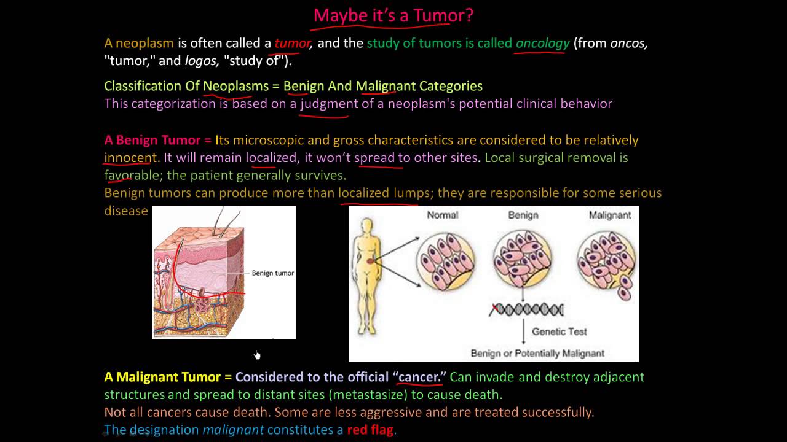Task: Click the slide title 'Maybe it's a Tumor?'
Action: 393,16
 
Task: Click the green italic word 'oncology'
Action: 542,44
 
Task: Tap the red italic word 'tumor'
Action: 292,44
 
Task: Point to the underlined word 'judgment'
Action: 329,104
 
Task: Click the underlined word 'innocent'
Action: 130,158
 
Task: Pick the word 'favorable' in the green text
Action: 132,175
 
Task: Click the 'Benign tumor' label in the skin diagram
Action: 272,273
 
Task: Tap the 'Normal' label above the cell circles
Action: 442,215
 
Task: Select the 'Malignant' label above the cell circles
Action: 610,215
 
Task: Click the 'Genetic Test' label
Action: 560,331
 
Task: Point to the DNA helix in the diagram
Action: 526,310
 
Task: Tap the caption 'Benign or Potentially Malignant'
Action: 537,353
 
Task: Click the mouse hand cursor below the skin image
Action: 257,355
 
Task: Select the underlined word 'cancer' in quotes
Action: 418,377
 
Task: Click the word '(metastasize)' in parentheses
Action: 368,395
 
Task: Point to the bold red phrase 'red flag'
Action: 370,430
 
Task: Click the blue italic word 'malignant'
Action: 233,430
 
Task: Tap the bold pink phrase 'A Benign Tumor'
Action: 152,141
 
